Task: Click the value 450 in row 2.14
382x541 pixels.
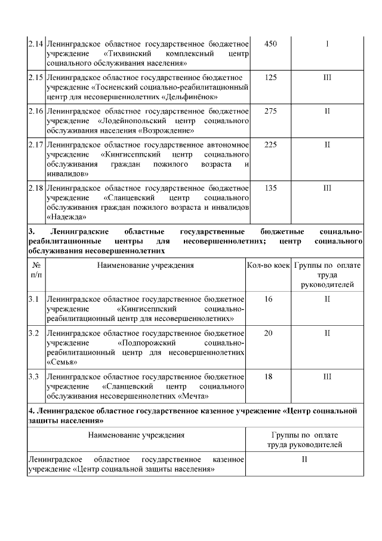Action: tap(270, 44)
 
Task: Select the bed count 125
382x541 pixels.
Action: tap(270, 77)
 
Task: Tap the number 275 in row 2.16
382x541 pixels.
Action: tap(270, 111)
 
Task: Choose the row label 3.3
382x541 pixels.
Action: tap(34, 377)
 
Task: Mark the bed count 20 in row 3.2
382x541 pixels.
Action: tap(269, 332)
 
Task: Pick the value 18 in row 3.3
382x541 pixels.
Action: tap(269, 377)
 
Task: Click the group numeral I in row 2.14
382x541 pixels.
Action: tap(327, 44)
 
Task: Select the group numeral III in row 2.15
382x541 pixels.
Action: tap(327, 77)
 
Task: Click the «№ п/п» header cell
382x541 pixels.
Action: tap(36, 270)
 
